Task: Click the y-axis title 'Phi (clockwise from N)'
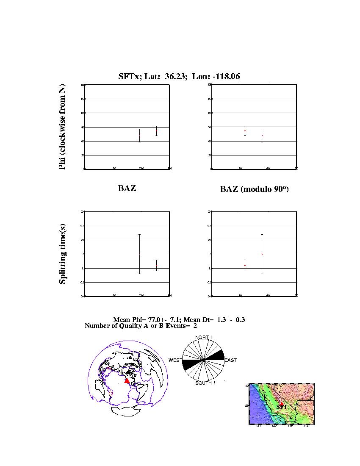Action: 62,127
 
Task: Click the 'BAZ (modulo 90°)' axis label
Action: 254,189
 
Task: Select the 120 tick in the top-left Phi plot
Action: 114,169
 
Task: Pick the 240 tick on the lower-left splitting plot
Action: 141,296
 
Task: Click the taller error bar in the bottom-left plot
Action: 139,254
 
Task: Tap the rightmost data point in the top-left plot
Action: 157,131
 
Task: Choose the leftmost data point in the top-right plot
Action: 245,131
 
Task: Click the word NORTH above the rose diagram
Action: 203,338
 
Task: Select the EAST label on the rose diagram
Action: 230,360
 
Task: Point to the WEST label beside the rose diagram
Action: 175,360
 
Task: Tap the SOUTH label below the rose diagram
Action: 203,383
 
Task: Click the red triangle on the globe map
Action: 127,380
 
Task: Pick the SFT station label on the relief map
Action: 281,407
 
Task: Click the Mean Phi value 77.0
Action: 153,320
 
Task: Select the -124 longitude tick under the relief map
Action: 258,426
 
